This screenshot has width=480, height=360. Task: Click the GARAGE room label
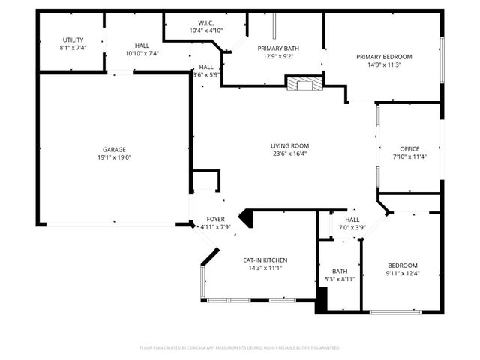tap(113, 149)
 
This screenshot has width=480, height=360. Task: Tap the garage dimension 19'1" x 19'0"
tap(113, 157)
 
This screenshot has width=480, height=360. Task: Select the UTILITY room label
tap(73, 40)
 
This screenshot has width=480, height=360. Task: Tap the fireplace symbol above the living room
tap(304, 83)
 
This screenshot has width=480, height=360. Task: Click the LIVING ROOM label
tap(289, 145)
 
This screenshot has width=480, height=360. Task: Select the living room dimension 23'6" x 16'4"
tap(289, 154)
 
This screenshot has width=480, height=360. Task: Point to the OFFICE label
tap(409, 148)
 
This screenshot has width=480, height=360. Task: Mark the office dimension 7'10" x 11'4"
tap(409, 157)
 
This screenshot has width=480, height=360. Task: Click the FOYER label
tap(215, 219)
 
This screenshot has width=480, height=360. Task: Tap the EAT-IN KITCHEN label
tap(265, 259)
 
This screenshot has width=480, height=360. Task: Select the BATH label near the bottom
tap(340, 271)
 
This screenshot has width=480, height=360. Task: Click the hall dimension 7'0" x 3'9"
tap(352, 228)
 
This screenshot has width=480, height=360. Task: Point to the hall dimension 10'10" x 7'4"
tap(142, 54)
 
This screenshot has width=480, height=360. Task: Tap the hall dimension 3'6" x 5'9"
tap(205, 74)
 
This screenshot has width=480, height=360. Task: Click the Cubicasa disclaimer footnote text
tap(239, 347)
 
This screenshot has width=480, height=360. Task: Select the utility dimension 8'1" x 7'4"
tap(73, 48)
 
